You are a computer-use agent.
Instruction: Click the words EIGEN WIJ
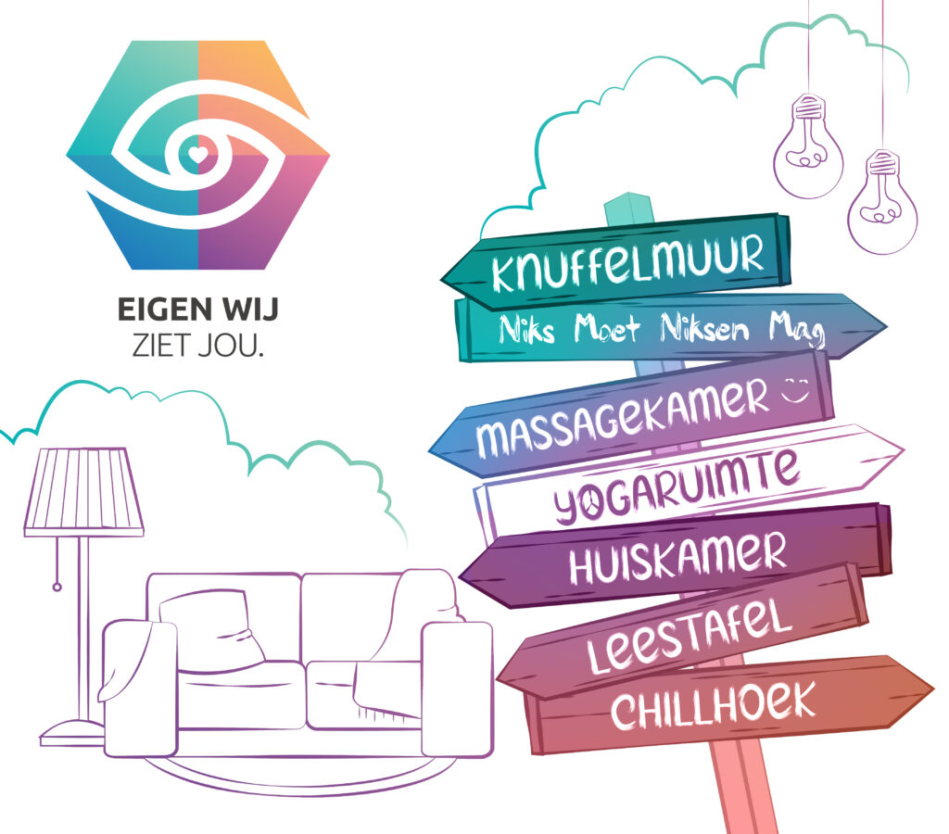coord(198,310)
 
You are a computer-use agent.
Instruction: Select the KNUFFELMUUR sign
coord(615,261)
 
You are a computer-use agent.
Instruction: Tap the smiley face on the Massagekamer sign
coord(796,389)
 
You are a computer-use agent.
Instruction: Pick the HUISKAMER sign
coord(675,554)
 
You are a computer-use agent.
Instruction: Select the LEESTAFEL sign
coord(683,632)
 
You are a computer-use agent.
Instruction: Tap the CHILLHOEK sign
coord(727,704)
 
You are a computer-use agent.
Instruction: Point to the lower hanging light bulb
coord(882,202)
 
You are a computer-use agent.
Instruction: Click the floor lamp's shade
coord(83,492)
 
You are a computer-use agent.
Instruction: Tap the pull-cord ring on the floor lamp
coord(57,587)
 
